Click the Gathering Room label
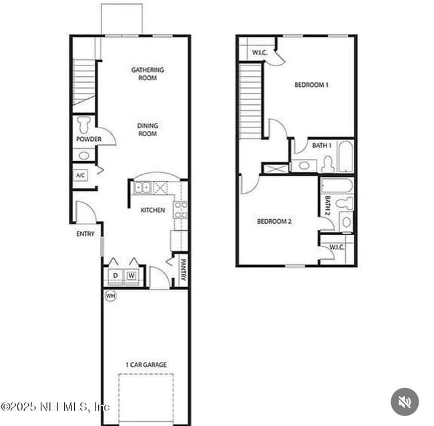148,73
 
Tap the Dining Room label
148,130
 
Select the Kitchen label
152,210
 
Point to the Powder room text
89,140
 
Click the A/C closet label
81,176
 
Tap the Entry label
85,234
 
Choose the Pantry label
182,270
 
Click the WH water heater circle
110,295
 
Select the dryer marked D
116,275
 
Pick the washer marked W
132,275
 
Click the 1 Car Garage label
146,365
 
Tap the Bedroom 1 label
311,85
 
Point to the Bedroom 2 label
274,222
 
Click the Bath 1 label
322,146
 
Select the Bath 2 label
329,205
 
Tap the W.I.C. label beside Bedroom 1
259,52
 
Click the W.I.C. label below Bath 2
337,247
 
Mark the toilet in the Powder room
84,124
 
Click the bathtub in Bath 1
345,157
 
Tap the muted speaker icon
405,402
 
